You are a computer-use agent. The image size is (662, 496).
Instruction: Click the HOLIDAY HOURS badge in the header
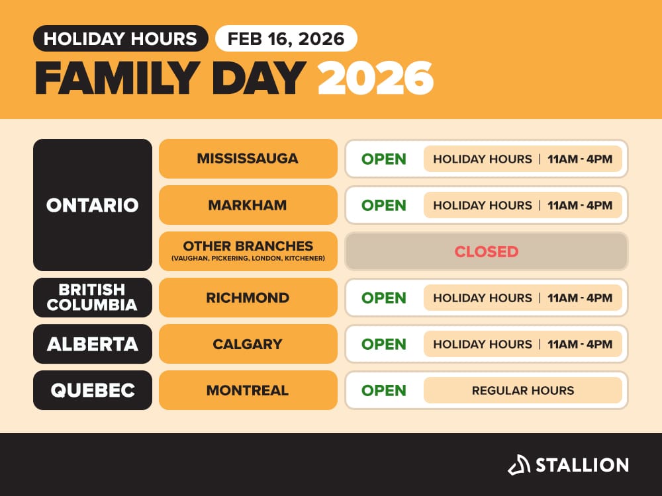pos(120,38)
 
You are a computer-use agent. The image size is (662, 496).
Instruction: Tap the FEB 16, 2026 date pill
pos(286,38)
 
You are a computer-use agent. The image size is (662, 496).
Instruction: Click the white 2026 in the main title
pos(375,79)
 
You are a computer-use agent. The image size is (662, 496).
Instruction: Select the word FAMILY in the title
pos(117,79)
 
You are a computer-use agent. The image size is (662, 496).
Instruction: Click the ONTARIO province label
pos(93,205)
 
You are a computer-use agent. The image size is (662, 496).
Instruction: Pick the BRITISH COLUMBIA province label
pos(93,298)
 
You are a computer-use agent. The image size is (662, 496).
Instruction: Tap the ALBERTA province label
pos(93,344)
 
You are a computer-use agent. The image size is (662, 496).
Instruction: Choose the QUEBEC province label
pos(93,390)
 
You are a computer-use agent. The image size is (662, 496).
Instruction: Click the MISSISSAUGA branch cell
pos(248,159)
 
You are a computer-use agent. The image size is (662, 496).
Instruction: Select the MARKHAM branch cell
pos(248,205)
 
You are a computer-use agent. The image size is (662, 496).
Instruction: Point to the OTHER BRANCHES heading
pos(248,246)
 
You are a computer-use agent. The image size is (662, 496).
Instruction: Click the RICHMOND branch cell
pos(248,298)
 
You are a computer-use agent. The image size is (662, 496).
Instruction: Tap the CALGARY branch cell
pos(248,344)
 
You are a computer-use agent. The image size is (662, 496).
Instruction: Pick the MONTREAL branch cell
pos(248,390)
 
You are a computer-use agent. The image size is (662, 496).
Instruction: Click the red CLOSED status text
pos(487,251)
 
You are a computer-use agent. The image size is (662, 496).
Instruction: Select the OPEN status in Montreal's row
pos(383,390)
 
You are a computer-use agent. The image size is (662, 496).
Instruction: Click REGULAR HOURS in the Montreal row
pos(523,390)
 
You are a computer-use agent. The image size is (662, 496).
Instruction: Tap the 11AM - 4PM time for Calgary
pos(580,344)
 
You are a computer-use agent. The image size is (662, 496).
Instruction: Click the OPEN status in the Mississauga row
pos(383,159)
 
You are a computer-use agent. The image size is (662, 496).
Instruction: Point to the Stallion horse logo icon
pos(519,465)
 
